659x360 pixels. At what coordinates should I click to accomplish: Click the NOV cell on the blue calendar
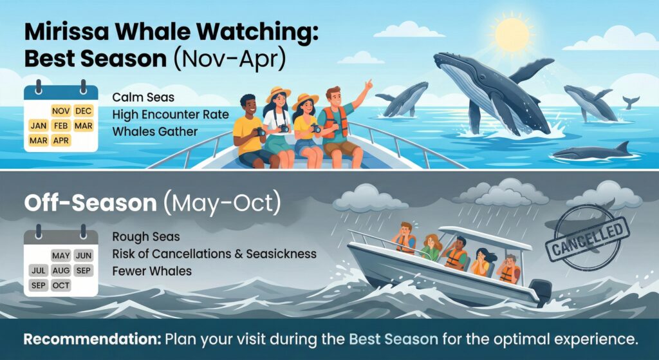[x=60, y=111]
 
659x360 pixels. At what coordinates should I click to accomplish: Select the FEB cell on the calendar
[x=60, y=126]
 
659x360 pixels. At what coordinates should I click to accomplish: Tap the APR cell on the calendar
[x=60, y=140]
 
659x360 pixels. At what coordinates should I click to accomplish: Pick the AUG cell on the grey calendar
[x=61, y=271]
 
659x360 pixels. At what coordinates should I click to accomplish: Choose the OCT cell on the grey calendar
[x=61, y=285]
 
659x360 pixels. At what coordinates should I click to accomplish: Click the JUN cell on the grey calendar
[x=83, y=256]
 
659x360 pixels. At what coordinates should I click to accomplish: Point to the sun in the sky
[x=512, y=35]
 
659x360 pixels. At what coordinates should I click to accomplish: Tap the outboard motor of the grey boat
[x=540, y=292]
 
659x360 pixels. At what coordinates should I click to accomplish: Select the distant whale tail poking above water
[x=631, y=102]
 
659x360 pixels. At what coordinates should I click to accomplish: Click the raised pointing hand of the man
[x=368, y=85]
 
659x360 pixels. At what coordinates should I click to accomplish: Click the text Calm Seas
[x=143, y=98]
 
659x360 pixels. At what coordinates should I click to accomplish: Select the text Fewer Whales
[x=152, y=271]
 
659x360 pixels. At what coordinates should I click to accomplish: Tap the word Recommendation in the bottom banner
[x=92, y=339]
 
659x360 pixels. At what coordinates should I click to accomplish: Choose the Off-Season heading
[x=90, y=203]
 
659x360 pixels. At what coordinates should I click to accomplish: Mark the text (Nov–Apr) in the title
[x=229, y=59]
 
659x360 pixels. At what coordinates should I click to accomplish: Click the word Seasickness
[x=281, y=254]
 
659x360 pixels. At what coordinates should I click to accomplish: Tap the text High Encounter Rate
[x=170, y=115]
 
